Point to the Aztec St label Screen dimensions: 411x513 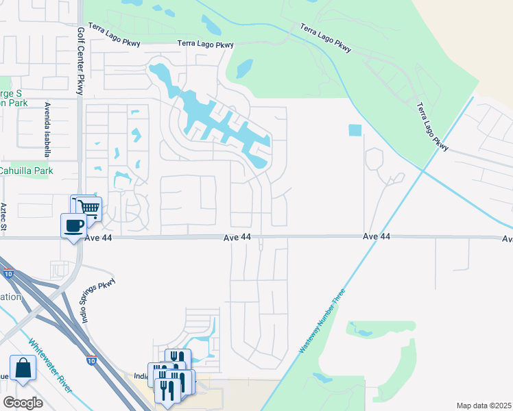click(5, 216)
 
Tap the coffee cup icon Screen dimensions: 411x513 click(73, 224)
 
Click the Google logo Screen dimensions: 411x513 click(23, 402)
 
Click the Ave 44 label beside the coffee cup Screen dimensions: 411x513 click(97, 238)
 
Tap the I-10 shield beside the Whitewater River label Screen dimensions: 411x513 click(92, 360)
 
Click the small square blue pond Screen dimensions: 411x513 click(355, 129)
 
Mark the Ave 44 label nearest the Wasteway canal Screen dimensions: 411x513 click(376, 236)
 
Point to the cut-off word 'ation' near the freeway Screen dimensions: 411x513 click(11, 297)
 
